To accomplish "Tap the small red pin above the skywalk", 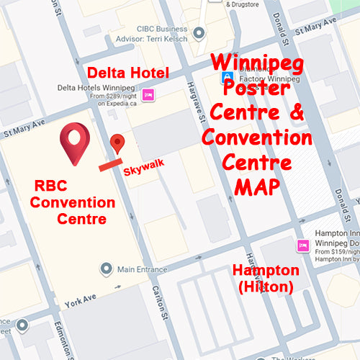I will tap(117, 143).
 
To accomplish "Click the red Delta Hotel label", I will tap(127, 73).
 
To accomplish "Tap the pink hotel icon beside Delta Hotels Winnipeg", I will tap(148, 94).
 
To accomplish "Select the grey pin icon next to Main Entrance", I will tap(107, 269).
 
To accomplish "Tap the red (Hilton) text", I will tap(265, 287).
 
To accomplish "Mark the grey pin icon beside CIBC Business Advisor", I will tap(199, 32).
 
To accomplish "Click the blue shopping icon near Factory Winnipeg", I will tap(228, 76).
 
